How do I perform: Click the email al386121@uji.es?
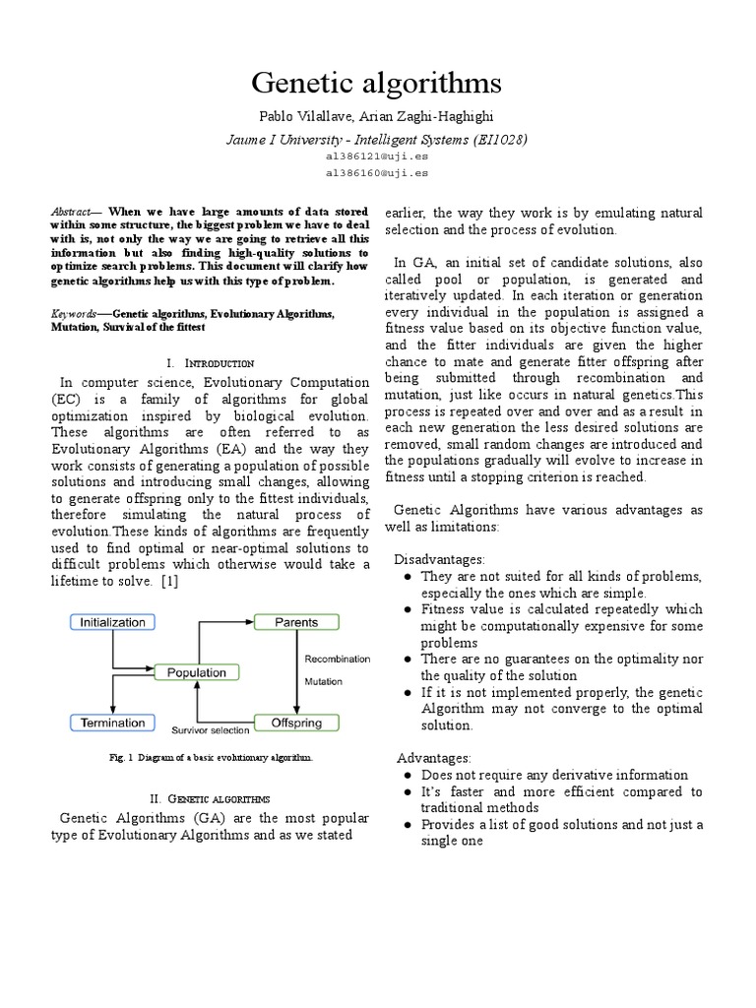point(377,157)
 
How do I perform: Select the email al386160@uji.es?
point(377,172)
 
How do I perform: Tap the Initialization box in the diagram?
point(111,622)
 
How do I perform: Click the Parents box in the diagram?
point(296,622)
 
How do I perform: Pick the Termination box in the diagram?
point(111,724)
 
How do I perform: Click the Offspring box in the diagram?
point(296,724)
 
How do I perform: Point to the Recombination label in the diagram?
point(338,659)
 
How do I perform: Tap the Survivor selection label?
point(211,731)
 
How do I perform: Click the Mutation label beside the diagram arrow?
point(323,680)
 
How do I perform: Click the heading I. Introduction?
point(213,363)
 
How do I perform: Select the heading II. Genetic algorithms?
point(214,797)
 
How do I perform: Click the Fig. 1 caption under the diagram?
point(213,758)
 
